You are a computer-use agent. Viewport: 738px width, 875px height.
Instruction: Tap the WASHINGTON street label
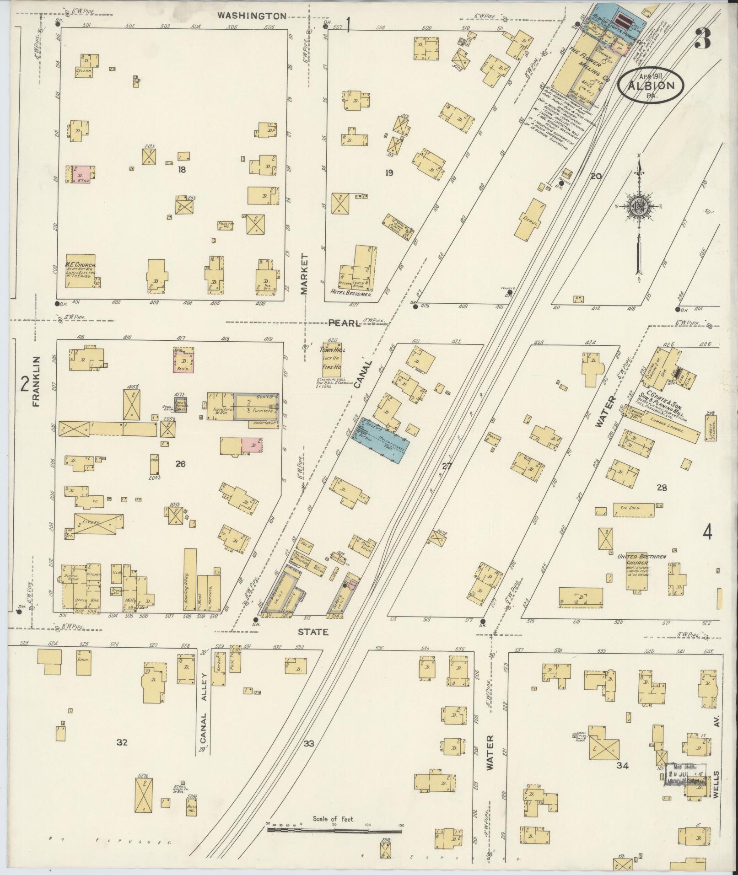pyautogui.click(x=252, y=16)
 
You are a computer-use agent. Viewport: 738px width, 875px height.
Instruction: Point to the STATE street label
pyautogui.click(x=313, y=632)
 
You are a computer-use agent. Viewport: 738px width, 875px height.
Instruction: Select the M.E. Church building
pyautogui.click(x=81, y=271)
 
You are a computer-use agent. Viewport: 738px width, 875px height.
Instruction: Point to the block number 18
pyautogui.click(x=183, y=170)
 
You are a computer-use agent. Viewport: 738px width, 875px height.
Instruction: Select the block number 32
pyautogui.click(x=121, y=742)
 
